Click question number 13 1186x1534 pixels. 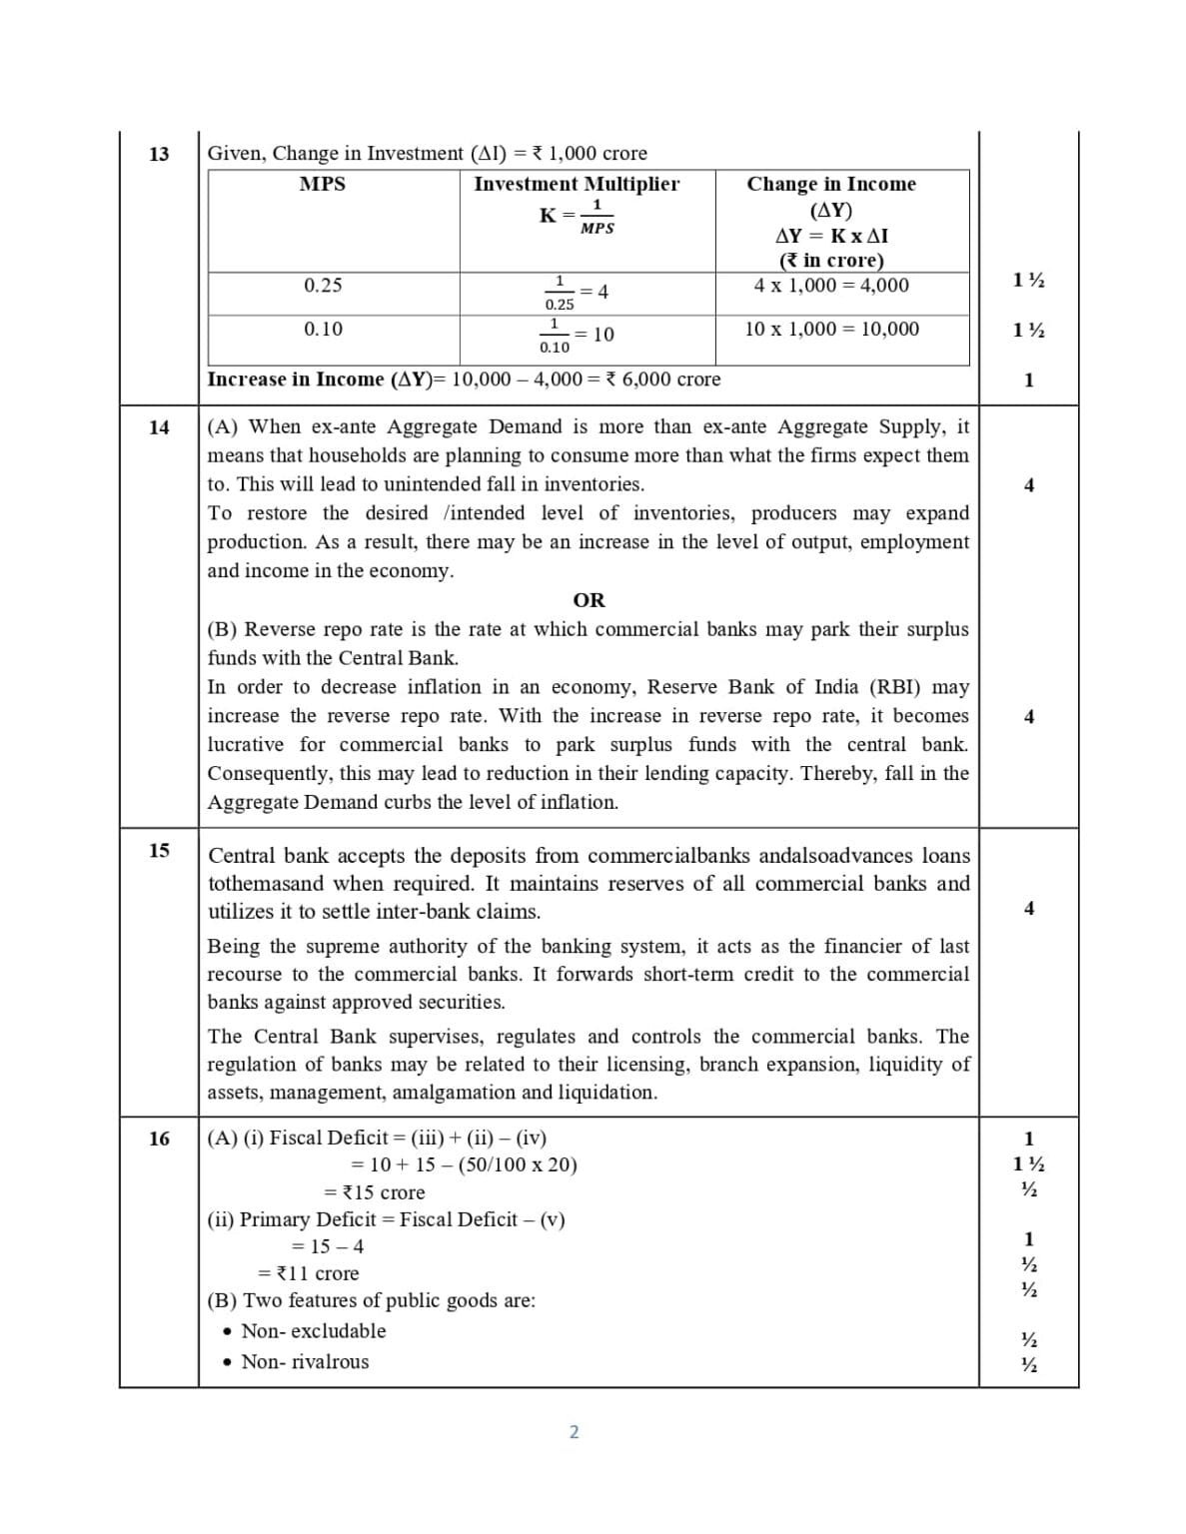[159, 154]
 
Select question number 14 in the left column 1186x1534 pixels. [159, 427]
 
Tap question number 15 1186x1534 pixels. [159, 850]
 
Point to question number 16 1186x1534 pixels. [159, 1139]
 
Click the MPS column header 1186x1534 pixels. [323, 184]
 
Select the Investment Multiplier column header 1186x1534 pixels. [577, 184]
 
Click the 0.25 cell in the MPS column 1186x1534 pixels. [323, 286]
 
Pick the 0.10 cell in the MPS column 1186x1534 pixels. [323, 329]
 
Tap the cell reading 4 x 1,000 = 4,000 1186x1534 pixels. [831, 286]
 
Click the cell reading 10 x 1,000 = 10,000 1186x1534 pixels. [831, 329]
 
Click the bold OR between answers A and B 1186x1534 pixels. [589, 600]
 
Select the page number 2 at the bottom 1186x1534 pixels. [574, 1432]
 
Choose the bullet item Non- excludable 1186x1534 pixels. [313, 1331]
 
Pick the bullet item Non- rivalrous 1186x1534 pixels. [305, 1362]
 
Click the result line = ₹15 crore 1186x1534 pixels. [375, 1192]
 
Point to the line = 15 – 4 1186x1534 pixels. [327, 1246]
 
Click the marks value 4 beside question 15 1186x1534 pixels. [1029, 908]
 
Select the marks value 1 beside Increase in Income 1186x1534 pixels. [1029, 381]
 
